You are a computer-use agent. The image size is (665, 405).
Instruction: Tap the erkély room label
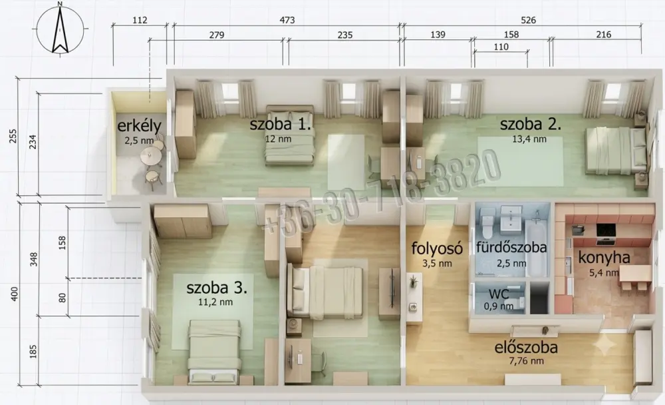(x=139, y=126)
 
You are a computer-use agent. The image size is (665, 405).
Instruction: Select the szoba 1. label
(x=281, y=124)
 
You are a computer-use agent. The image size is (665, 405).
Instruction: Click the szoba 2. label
(x=531, y=124)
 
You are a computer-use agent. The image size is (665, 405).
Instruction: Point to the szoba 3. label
(x=217, y=288)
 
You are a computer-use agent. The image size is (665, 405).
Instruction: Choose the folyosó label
(x=437, y=248)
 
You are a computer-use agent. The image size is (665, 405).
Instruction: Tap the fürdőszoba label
(x=511, y=247)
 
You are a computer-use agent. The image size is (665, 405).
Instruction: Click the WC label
(x=499, y=294)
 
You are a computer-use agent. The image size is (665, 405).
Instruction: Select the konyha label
(x=604, y=258)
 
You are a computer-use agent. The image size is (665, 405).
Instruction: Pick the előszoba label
(x=526, y=348)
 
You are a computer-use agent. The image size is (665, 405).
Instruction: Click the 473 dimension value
(x=287, y=20)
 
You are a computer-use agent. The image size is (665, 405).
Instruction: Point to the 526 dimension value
(x=529, y=20)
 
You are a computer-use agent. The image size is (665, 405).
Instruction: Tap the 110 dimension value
(x=501, y=47)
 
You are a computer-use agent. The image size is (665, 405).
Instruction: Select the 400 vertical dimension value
(x=15, y=294)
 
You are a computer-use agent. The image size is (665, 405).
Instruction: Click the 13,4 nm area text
(x=529, y=139)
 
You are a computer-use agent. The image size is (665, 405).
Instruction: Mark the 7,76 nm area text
(x=526, y=361)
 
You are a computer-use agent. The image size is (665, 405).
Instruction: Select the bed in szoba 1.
(x=290, y=135)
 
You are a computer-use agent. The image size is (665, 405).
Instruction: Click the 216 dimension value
(x=604, y=35)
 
